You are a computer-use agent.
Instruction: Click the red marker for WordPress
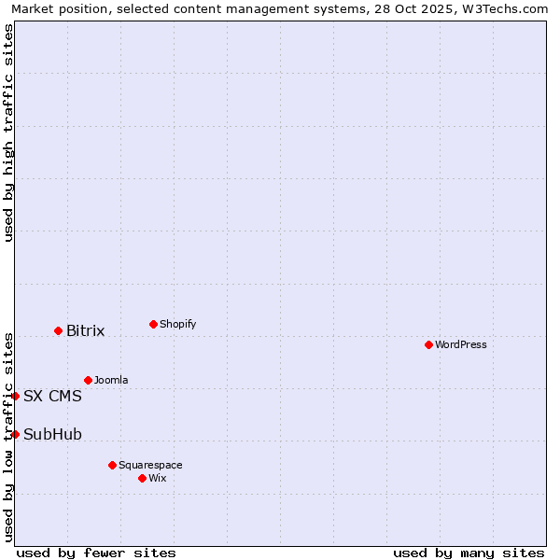coord(428,344)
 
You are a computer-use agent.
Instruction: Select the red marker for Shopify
coord(153,324)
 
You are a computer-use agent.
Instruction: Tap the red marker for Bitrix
coord(58,330)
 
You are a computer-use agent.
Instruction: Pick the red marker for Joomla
coord(88,380)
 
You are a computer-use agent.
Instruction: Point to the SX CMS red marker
coord(15,396)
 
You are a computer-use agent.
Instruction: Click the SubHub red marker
coord(15,434)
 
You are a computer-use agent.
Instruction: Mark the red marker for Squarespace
coord(112,465)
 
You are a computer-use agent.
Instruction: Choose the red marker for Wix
coord(142,478)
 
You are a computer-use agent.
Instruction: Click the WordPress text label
coord(461,344)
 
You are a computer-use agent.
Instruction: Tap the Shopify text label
coord(178,324)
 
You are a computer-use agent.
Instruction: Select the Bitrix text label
coord(86,331)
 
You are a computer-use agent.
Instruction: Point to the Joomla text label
coord(111,380)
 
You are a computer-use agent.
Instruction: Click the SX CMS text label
coord(52,396)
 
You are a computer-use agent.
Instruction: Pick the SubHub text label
coord(52,434)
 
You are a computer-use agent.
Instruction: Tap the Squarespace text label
coord(150,465)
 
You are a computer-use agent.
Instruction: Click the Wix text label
coord(158,478)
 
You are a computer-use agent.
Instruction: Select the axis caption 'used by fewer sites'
coord(96,553)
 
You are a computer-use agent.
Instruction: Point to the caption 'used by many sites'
coord(469,553)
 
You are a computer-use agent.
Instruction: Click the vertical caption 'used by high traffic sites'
coord(8,133)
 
